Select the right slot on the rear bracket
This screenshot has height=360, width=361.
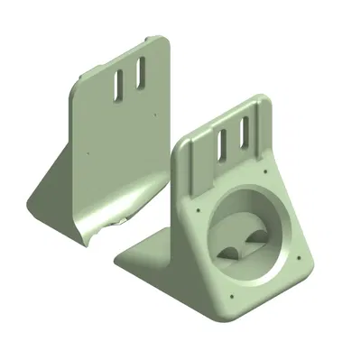click(140, 74)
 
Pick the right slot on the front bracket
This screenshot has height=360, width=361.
click(244, 134)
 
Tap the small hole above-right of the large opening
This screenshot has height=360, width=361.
click(265, 174)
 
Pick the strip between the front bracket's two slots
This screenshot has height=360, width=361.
click(233, 140)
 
